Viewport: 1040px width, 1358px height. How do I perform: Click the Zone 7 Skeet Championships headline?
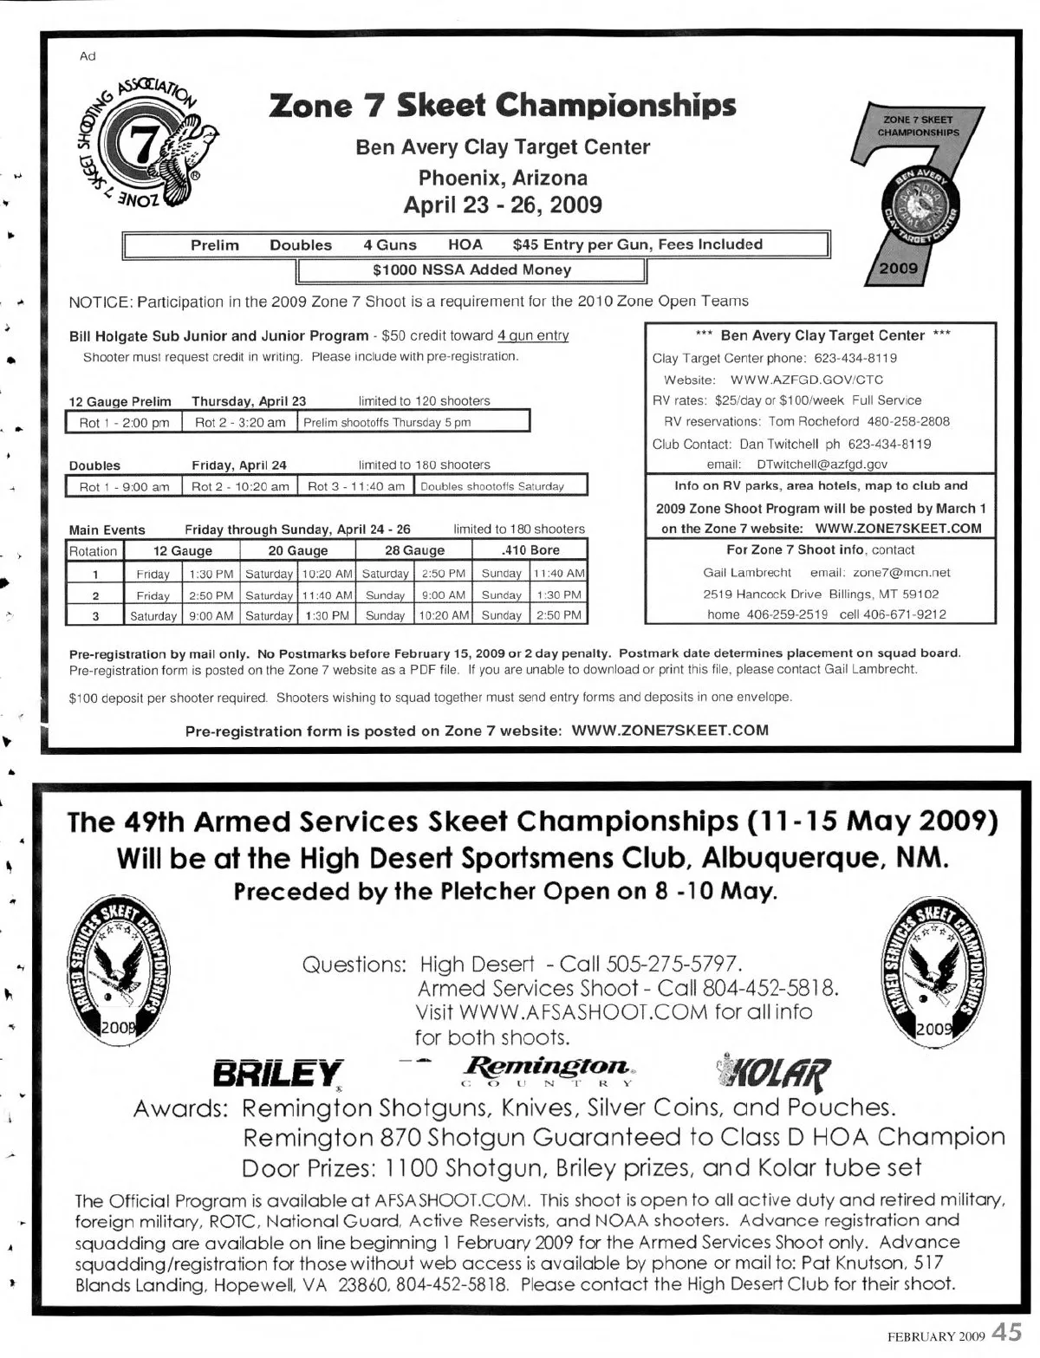coord(503,106)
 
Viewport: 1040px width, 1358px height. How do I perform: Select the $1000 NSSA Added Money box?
coord(471,270)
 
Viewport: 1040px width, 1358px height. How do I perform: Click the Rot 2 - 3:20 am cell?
coord(240,423)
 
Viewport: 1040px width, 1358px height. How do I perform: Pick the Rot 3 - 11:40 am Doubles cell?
coord(356,486)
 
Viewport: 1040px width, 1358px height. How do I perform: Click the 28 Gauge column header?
coord(414,550)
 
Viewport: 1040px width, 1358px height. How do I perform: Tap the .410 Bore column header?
coord(530,550)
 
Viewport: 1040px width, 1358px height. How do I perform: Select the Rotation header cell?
coord(94,551)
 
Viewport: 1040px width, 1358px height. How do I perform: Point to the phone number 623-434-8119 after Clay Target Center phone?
coord(855,358)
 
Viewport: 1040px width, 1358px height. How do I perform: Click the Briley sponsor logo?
coord(278,1075)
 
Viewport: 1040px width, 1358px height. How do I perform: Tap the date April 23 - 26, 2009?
coord(503,205)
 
